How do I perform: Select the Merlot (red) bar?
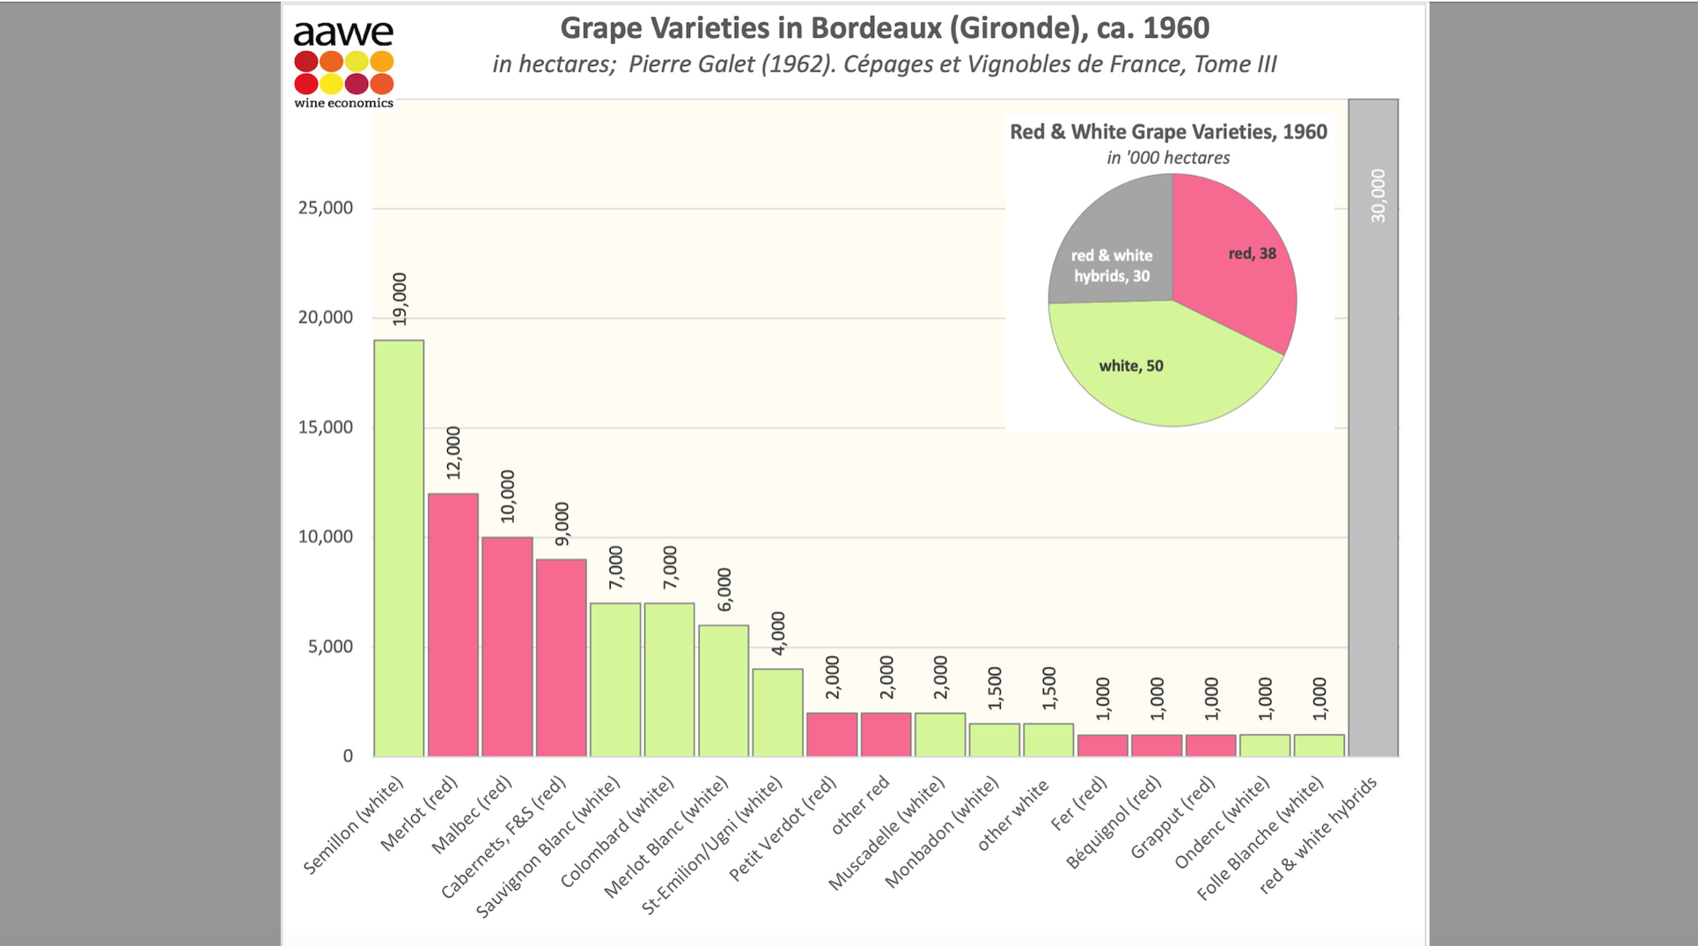tap(453, 625)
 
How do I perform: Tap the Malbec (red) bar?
tap(507, 647)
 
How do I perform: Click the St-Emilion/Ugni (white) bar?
tap(777, 713)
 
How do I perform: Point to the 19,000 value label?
tap(400, 300)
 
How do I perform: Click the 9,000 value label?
tap(562, 524)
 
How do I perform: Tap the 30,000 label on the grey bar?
tap(1378, 195)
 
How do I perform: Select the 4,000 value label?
tap(778, 634)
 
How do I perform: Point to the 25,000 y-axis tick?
tap(325, 208)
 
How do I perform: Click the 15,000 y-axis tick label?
tap(325, 428)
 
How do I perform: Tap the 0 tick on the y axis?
tap(348, 756)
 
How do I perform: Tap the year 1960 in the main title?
tap(1176, 28)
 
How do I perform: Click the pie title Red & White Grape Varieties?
tap(1168, 132)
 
